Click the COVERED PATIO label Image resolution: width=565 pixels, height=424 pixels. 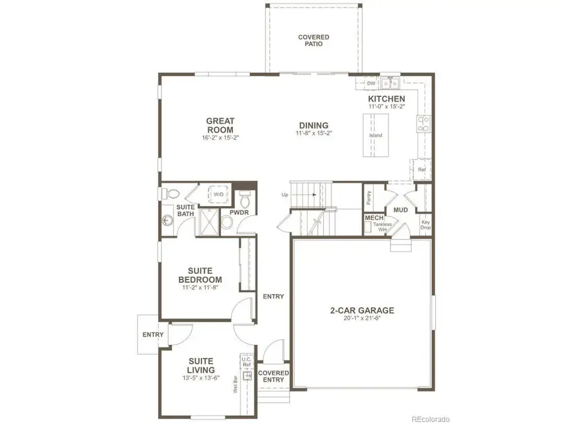pyautogui.click(x=313, y=41)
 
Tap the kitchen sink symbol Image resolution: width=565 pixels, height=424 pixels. pyautogui.click(x=390, y=82)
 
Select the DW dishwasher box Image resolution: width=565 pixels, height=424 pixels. pyautogui.click(x=371, y=83)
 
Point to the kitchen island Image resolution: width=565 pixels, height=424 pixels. pyautogui.click(x=375, y=136)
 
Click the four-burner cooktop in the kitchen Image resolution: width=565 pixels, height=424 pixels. pyautogui.click(x=424, y=124)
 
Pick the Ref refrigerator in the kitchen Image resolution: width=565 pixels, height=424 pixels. pyautogui.click(x=421, y=169)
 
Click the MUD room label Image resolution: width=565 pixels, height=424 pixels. pyautogui.click(x=401, y=210)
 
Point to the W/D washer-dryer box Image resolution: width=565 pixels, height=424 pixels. pyautogui.click(x=218, y=194)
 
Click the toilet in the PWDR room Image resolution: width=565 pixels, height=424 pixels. pyautogui.click(x=245, y=199)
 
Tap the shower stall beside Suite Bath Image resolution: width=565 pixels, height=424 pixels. pyautogui.click(x=210, y=221)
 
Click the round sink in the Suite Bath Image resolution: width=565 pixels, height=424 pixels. pyautogui.click(x=167, y=220)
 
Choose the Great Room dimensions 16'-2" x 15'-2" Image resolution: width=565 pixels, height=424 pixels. pyautogui.click(x=220, y=137)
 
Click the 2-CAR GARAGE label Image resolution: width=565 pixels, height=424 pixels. pyautogui.click(x=362, y=310)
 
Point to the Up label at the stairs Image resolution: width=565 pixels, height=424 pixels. pyautogui.click(x=284, y=195)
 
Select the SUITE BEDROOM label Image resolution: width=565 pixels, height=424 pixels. pyautogui.click(x=200, y=275)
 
